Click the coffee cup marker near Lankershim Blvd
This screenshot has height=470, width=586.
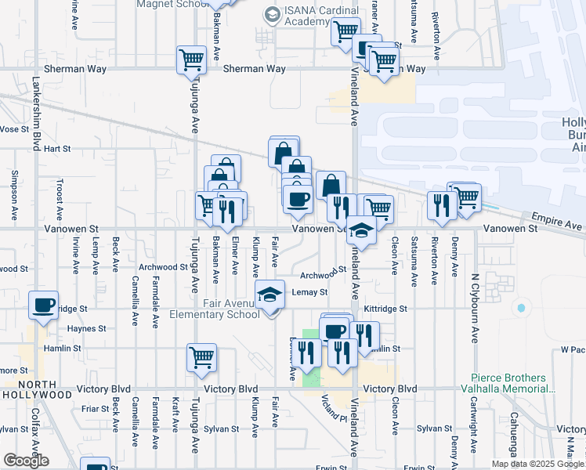click(x=44, y=304)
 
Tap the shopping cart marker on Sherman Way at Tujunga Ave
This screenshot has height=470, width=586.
click(x=191, y=60)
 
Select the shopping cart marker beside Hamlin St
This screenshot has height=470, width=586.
click(x=201, y=357)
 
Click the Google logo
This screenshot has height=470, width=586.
click(x=26, y=461)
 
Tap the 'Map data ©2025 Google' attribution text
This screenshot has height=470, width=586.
click(x=538, y=464)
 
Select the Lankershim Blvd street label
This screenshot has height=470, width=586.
click(x=36, y=113)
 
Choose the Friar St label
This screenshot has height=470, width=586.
click(x=94, y=408)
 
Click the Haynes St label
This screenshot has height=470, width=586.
click(x=86, y=329)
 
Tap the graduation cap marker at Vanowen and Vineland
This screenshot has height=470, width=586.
click(x=362, y=230)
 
